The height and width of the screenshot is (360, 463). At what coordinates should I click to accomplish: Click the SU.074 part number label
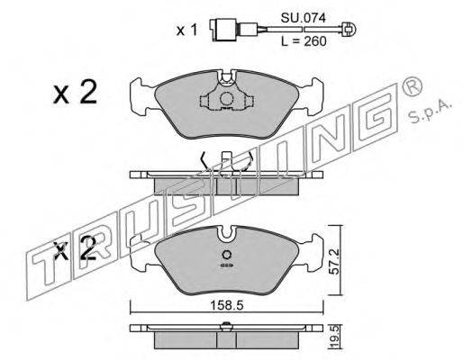303,19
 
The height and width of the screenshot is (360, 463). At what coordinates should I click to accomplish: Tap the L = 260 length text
304,41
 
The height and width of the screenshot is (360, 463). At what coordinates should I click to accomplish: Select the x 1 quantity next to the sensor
186,31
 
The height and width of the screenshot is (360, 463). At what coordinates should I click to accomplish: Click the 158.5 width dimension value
226,306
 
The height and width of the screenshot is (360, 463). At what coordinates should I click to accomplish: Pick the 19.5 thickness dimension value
334,337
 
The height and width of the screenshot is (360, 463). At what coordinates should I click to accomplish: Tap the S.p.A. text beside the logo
430,111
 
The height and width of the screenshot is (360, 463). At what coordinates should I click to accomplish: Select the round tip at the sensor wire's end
349,30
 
